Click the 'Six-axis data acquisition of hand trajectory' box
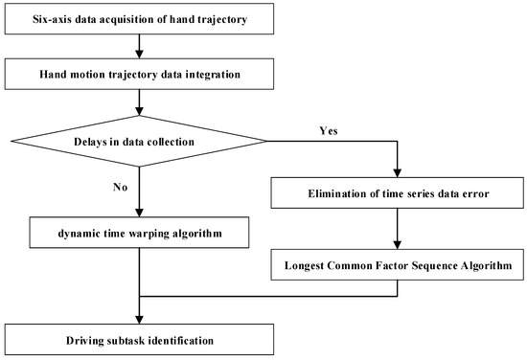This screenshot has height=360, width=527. pyautogui.click(x=140, y=17)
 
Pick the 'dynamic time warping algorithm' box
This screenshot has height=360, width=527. pyautogui.click(x=140, y=231)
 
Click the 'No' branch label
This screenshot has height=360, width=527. pyautogui.click(x=120, y=189)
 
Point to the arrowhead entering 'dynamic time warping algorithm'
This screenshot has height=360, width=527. pyautogui.click(x=140, y=213)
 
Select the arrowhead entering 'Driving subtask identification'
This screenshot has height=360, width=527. pyautogui.click(x=140, y=321)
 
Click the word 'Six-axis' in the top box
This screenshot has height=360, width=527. pyautogui.click(x=57, y=17)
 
